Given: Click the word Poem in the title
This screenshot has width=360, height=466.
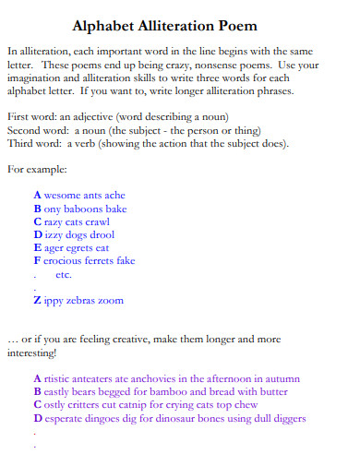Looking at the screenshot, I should pyautogui.click(x=237, y=27).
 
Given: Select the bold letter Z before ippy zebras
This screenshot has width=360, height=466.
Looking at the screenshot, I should pyautogui.click(x=37, y=300).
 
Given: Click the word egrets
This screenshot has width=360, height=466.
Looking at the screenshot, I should pyautogui.click(x=80, y=247).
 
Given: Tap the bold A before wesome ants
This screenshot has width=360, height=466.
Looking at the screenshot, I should pyautogui.click(x=37, y=196).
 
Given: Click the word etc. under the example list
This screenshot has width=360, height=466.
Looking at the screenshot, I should pyautogui.click(x=64, y=274).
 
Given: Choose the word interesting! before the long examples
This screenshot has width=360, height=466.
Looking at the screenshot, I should pyautogui.click(x=31, y=352).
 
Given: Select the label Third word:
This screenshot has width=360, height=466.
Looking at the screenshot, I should pyautogui.click(x=33, y=144).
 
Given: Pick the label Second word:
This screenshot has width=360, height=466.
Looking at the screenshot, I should pyautogui.click(x=38, y=131).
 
